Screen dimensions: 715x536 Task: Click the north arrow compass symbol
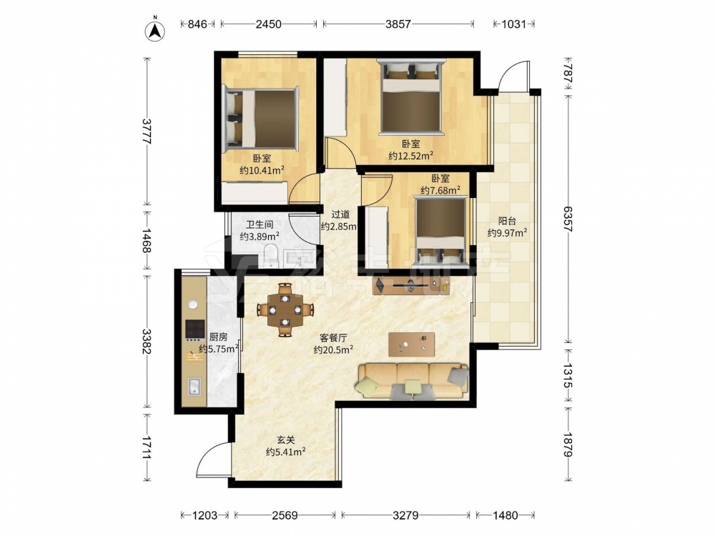[x=155, y=31]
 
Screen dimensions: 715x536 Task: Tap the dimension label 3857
[x=398, y=24]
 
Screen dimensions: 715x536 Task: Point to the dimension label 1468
[x=147, y=241]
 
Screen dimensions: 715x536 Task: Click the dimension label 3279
[x=405, y=515]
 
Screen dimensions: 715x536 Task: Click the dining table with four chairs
[x=285, y=310]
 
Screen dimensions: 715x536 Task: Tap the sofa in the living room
[x=413, y=381]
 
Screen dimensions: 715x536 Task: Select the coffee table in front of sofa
[x=411, y=344]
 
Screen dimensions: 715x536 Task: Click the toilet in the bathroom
[x=271, y=256]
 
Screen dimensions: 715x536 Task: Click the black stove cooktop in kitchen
[x=195, y=329]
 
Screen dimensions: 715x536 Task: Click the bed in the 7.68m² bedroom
[x=440, y=232]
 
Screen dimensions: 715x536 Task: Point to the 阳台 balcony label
[x=507, y=221]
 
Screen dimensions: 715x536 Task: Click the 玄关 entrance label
[x=286, y=440]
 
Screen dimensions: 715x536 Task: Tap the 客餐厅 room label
[x=333, y=338]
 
